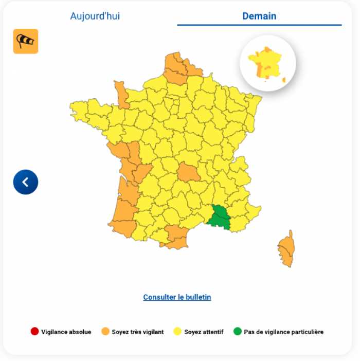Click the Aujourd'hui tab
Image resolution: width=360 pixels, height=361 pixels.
95,16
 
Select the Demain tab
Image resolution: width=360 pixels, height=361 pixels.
259,16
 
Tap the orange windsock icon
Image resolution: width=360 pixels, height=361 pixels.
26,41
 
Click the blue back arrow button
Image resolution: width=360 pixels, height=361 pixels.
26,182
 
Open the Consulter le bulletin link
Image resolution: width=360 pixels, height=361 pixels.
177,297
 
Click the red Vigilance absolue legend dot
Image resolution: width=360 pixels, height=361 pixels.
34,332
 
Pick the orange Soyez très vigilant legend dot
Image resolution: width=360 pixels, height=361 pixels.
105,332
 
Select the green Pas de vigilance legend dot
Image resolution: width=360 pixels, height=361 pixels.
237,332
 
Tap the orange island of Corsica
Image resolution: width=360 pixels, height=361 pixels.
286,250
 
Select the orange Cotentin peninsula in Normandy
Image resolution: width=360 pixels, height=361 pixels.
122,94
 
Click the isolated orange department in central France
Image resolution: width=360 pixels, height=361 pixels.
188,172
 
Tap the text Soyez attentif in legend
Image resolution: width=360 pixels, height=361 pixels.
204,332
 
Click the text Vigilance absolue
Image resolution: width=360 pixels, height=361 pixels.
66,332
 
